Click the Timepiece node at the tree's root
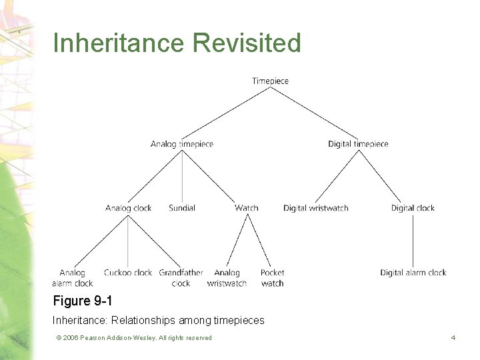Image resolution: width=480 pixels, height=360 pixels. click(270, 81)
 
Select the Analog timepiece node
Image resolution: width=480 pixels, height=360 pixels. click(181, 144)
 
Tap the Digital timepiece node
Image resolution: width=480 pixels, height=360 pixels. click(358, 144)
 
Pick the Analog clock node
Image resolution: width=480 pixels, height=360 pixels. click(128, 208)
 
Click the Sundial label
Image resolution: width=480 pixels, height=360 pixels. click(182, 208)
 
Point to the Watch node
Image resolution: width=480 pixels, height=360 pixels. click(246, 208)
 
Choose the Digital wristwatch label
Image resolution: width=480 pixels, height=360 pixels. click(315, 208)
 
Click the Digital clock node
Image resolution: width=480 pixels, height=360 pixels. click(413, 208)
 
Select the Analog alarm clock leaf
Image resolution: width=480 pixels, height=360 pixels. click(73, 277)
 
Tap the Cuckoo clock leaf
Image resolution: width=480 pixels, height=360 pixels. click(128, 273)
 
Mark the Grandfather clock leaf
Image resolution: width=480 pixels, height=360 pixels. click(181, 277)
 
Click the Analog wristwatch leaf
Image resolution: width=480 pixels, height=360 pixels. click(227, 277)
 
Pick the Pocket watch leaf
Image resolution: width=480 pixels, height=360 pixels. click(272, 277)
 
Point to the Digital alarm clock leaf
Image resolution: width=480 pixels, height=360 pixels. click(413, 273)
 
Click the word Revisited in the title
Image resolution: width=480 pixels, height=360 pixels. click(247, 43)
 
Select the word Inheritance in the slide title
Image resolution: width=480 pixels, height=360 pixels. click(119, 43)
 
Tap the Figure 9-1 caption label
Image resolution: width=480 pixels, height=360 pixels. click(83, 301)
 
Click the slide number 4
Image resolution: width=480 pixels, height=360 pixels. click(453, 338)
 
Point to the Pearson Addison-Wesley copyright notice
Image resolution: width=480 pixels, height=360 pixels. click(134, 338)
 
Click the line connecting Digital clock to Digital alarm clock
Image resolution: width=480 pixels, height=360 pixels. click(413, 240)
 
